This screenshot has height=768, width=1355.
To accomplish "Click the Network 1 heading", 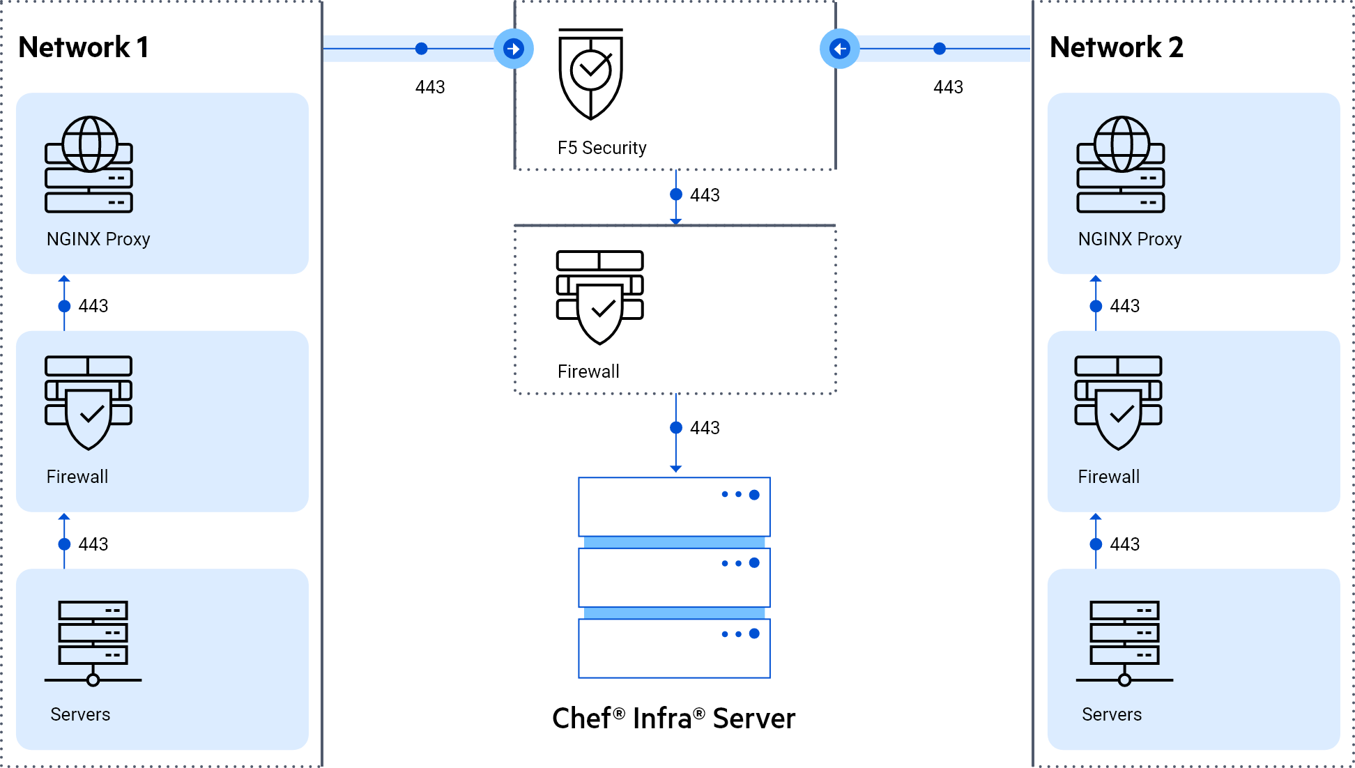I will pyautogui.click(x=83, y=47).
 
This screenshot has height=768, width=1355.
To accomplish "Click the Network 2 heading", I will pyautogui.click(x=1117, y=47).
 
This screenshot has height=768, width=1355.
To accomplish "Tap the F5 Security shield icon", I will pyautogui.click(x=590, y=74).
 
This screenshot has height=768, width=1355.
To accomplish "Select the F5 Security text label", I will pyautogui.click(x=602, y=148).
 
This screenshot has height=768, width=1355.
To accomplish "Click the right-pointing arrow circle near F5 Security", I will pyautogui.click(x=514, y=49).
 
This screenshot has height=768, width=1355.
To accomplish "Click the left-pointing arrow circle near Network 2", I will pyautogui.click(x=840, y=49).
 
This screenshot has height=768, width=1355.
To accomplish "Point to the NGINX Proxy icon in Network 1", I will pyautogui.click(x=89, y=164).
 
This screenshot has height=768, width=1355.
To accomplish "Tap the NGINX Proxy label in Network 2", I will pyautogui.click(x=1129, y=239).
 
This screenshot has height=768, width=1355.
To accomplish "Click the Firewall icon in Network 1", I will pyautogui.click(x=89, y=402).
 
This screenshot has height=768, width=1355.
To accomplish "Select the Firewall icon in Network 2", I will pyautogui.click(x=1118, y=402).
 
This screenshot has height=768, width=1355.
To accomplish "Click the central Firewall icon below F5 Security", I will pyautogui.click(x=599, y=298).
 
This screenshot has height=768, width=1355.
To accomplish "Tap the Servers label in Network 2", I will pyautogui.click(x=1112, y=714).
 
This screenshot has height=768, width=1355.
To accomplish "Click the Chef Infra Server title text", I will pyautogui.click(x=673, y=719).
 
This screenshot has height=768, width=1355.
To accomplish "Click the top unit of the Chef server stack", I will pyautogui.click(x=674, y=507).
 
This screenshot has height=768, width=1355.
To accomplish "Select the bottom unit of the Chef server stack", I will pyautogui.click(x=674, y=648).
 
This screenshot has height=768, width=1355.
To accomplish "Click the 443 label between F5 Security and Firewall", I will pyautogui.click(x=705, y=195).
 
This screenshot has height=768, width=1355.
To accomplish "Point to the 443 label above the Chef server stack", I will pyautogui.click(x=705, y=428).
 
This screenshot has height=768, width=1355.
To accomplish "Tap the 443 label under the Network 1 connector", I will pyautogui.click(x=430, y=87).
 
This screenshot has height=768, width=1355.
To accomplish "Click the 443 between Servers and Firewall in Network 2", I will pyautogui.click(x=1125, y=544).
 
